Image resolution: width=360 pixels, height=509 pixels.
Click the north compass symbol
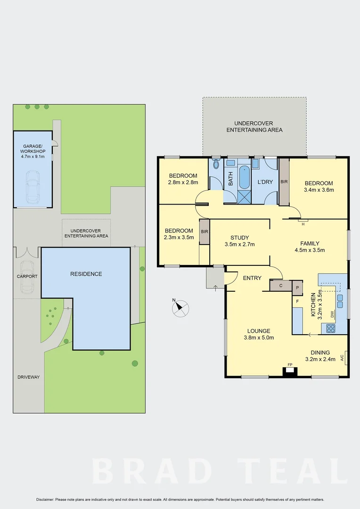pos(180,308)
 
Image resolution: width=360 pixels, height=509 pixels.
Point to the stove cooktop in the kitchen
pos(331,328)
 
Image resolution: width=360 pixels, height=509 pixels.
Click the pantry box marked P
pos(297,287)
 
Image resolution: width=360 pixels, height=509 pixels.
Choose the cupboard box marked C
pos(281,285)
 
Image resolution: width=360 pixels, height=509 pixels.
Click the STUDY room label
pos(239,238)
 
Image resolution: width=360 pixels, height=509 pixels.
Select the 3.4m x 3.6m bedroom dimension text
pos(319,190)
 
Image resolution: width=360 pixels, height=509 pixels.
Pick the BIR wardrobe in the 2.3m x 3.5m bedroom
pos(205,231)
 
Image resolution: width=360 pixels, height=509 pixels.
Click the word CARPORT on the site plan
pos(27,277)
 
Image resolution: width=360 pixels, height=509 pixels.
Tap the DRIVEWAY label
pos(29,377)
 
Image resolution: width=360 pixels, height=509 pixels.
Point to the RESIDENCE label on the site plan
pos(86,274)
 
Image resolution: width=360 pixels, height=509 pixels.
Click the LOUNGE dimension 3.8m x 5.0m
pos(259,337)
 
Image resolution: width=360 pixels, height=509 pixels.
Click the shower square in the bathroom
pos(244,197)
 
